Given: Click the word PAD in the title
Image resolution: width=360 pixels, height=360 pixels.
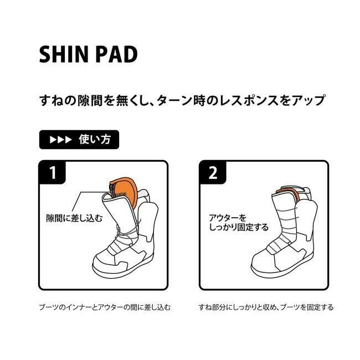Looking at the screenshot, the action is [x=116, y=54].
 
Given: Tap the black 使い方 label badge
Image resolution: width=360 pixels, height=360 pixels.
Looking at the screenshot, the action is [x=79, y=140].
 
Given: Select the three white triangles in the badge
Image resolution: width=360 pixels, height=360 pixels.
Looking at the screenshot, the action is [x=60, y=140].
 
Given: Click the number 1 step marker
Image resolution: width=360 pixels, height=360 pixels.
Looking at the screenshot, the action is [x=53, y=172].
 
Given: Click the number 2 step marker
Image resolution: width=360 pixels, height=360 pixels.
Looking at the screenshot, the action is [x=213, y=172].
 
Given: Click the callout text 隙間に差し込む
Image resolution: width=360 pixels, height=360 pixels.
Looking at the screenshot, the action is [x=74, y=218].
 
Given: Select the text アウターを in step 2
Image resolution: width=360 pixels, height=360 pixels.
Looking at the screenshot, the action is [x=227, y=218].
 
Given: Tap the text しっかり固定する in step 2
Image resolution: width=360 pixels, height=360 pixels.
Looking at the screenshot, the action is [x=239, y=227].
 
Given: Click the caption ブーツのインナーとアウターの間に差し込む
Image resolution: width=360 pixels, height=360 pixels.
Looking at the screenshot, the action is [x=105, y=307].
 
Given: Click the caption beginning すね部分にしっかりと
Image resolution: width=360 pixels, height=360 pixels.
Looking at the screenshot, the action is [x=266, y=307].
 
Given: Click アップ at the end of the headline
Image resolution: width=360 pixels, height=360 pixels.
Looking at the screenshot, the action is [x=308, y=101].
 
